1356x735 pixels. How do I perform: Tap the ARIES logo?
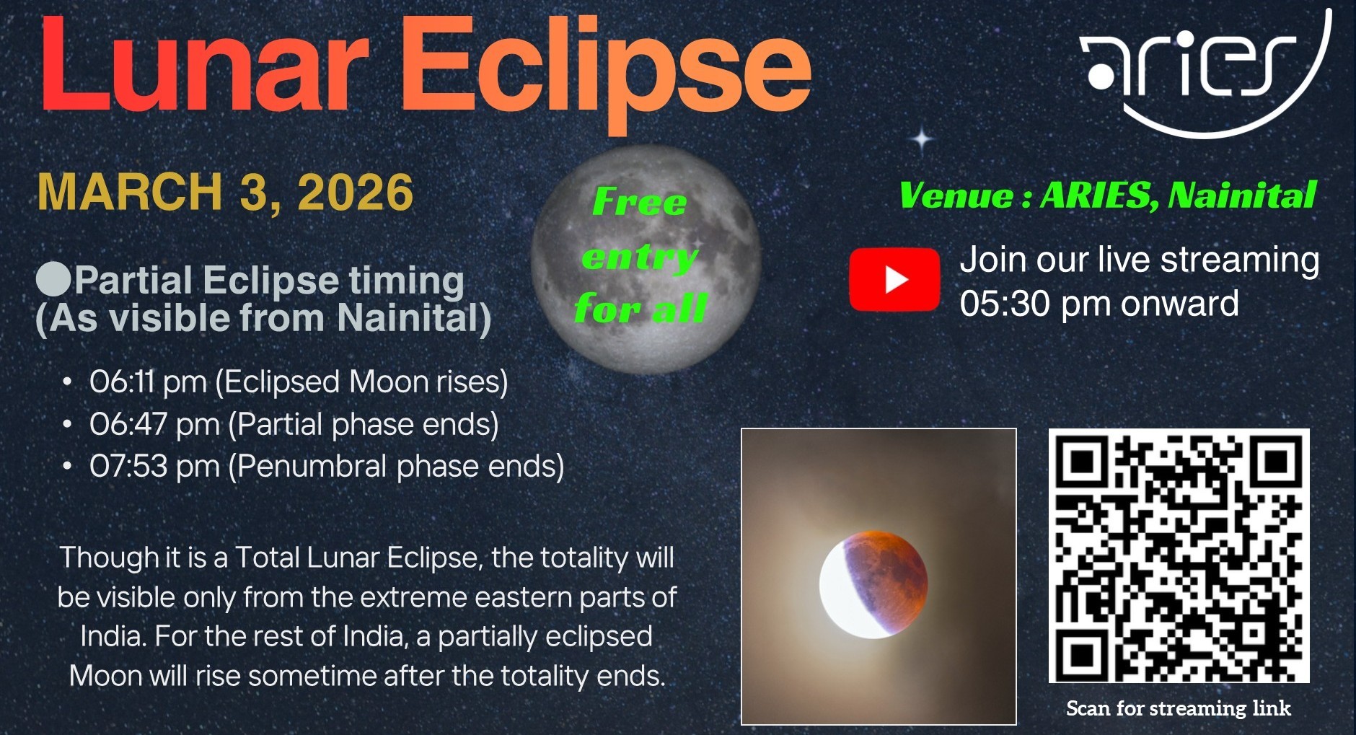(x=1205, y=72)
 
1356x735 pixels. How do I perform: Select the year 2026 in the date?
(x=355, y=193)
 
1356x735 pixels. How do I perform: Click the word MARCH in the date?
(x=130, y=193)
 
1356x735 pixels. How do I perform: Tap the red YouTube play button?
(x=894, y=279)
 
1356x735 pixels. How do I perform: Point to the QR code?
(x=1179, y=555)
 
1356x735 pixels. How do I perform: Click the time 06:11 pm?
(x=148, y=382)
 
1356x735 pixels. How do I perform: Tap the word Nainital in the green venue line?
(x=1242, y=195)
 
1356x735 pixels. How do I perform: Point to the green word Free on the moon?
(x=639, y=201)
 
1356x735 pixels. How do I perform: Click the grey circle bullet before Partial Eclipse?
(x=53, y=279)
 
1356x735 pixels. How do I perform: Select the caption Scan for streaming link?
(x=1179, y=708)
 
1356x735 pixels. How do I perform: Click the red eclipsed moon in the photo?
(x=873, y=584)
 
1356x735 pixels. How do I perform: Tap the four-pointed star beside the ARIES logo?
(x=922, y=138)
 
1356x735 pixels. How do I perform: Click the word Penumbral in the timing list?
(x=312, y=466)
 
